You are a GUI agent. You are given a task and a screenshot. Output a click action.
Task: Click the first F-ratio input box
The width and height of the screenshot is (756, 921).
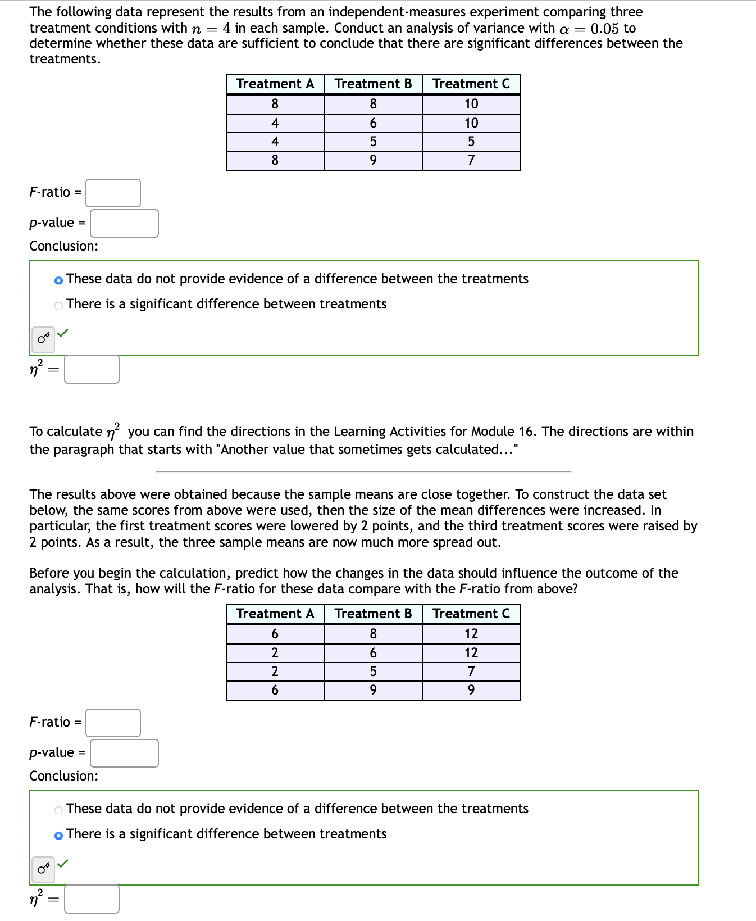tap(113, 193)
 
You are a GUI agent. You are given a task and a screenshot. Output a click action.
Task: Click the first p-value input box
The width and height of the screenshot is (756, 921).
tap(124, 223)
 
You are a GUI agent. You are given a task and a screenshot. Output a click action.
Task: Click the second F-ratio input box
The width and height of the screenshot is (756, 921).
tap(113, 723)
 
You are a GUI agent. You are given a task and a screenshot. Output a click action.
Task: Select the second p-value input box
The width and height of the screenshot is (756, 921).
tap(124, 753)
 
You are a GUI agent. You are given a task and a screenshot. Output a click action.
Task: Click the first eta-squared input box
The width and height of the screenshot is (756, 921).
tap(92, 369)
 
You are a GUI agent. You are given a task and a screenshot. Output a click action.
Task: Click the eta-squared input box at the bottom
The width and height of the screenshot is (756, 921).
tap(92, 899)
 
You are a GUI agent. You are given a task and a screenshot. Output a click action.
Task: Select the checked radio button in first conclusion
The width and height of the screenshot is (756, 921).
tap(59, 280)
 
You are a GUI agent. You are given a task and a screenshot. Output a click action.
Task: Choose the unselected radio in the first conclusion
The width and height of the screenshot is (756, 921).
tap(59, 305)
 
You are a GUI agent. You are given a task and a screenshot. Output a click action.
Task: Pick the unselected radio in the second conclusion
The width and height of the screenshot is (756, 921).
tap(59, 810)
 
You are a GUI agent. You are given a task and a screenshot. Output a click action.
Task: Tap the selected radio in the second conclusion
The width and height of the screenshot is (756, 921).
tap(59, 835)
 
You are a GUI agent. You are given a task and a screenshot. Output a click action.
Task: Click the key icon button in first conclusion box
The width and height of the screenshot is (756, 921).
tap(43, 339)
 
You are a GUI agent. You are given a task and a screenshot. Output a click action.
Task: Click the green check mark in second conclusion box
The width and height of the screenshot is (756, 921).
tap(63, 863)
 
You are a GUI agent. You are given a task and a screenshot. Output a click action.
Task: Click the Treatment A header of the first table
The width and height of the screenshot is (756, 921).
tap(275, 84)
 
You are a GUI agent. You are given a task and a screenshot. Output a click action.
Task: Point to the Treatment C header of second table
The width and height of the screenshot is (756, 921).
tap(471, 614)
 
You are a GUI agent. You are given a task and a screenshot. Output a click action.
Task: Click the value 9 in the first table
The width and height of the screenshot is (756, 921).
tap(373, 160)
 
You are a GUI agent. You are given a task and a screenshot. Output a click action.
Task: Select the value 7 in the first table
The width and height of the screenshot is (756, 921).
tap(471, 160)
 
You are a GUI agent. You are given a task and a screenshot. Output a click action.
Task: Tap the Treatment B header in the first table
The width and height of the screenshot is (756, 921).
tap(373, 84)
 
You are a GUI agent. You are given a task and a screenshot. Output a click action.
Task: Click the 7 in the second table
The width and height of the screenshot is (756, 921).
tap(471, 671)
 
